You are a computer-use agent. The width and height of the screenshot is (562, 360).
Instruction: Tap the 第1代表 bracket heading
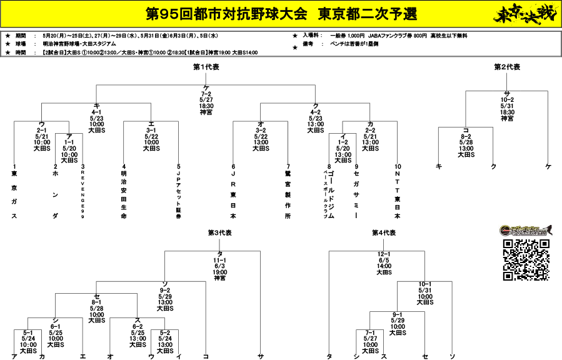click(206, 67)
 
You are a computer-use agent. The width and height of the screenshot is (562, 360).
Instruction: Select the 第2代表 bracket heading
click(506, 67)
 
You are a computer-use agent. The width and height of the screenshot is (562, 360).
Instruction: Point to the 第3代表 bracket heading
click(219, 232)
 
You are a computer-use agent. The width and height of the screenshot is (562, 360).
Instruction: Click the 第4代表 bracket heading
click(384, 232)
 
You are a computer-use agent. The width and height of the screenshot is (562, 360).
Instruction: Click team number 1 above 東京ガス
click(14, 167)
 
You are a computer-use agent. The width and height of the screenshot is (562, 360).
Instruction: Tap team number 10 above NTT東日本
click(397, 167)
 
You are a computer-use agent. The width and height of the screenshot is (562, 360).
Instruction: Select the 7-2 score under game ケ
click(206, 94)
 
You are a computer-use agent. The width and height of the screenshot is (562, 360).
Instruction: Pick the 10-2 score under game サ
click(506, 99)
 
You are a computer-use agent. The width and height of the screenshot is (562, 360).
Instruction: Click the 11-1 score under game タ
click(219, 259)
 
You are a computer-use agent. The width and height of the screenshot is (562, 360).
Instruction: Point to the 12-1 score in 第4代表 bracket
click(384, 254)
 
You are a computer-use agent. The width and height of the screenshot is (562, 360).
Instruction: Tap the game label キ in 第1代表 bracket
click(96, 106)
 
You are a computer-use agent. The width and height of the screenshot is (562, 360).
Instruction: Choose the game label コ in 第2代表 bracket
click(466, 129)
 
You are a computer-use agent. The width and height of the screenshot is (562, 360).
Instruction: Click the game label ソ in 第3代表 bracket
click(164, 284)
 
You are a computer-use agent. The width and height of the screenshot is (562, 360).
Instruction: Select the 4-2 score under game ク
click(316, 112)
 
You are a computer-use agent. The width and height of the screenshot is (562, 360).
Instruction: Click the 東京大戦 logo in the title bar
click(521, 14)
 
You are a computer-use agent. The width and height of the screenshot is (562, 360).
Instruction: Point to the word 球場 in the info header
click(20, 44)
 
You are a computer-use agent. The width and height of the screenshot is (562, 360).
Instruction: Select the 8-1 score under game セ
click(96, 302)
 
